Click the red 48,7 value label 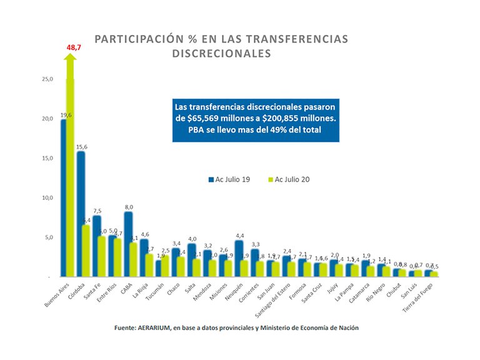pos(74,47)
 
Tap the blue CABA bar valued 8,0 pos(127,244)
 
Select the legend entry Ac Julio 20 pos(289,179)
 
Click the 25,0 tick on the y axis pos(47,79)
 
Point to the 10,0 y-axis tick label pos(47,197)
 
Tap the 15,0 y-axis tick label pos(47,158)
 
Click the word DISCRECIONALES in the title pos(221,54)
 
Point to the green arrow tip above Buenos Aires pos(70,56)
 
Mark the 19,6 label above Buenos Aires pos(65,115)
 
